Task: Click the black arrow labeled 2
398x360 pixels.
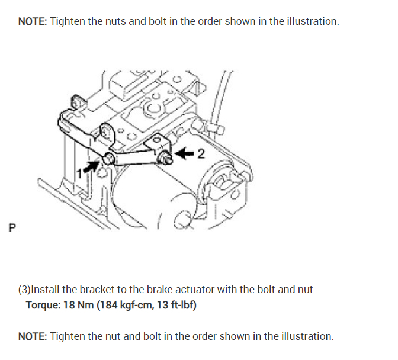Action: tap(185, 153)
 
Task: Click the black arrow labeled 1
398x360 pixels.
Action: tap(90, 165)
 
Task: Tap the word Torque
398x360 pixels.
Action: tap(42, 306)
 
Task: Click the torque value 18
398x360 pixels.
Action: tap(68, 306)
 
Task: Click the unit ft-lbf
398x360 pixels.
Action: tap(181, 306)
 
